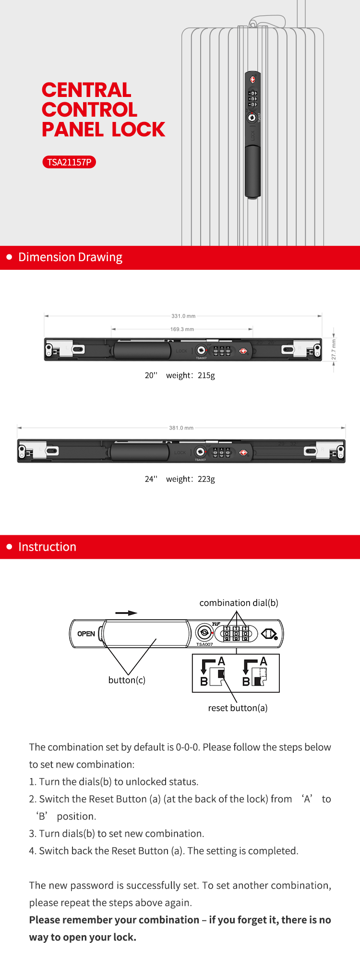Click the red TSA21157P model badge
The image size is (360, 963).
[69, 162]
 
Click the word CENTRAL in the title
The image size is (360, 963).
[86, 90]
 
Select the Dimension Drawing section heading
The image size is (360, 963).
[70, 257]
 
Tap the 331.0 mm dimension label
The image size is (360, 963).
[183, 316]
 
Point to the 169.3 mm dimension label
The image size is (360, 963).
[182, 329]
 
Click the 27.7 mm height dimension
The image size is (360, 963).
[334, 349]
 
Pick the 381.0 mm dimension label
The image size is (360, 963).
[181, 428]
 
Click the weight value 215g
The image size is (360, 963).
[206, 375]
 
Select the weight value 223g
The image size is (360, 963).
[206, 479]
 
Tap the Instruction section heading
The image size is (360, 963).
[47, 547]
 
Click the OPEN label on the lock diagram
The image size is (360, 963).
[86, 634]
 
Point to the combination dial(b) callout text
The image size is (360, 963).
[239, 603]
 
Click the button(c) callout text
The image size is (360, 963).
[127, 680]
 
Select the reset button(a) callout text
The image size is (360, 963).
[238, 708]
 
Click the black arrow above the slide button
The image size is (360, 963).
[126, 613]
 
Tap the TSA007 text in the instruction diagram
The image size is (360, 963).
[204, 644]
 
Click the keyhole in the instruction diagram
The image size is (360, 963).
[204, 633]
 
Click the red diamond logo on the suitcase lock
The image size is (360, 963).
[253, 80]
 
